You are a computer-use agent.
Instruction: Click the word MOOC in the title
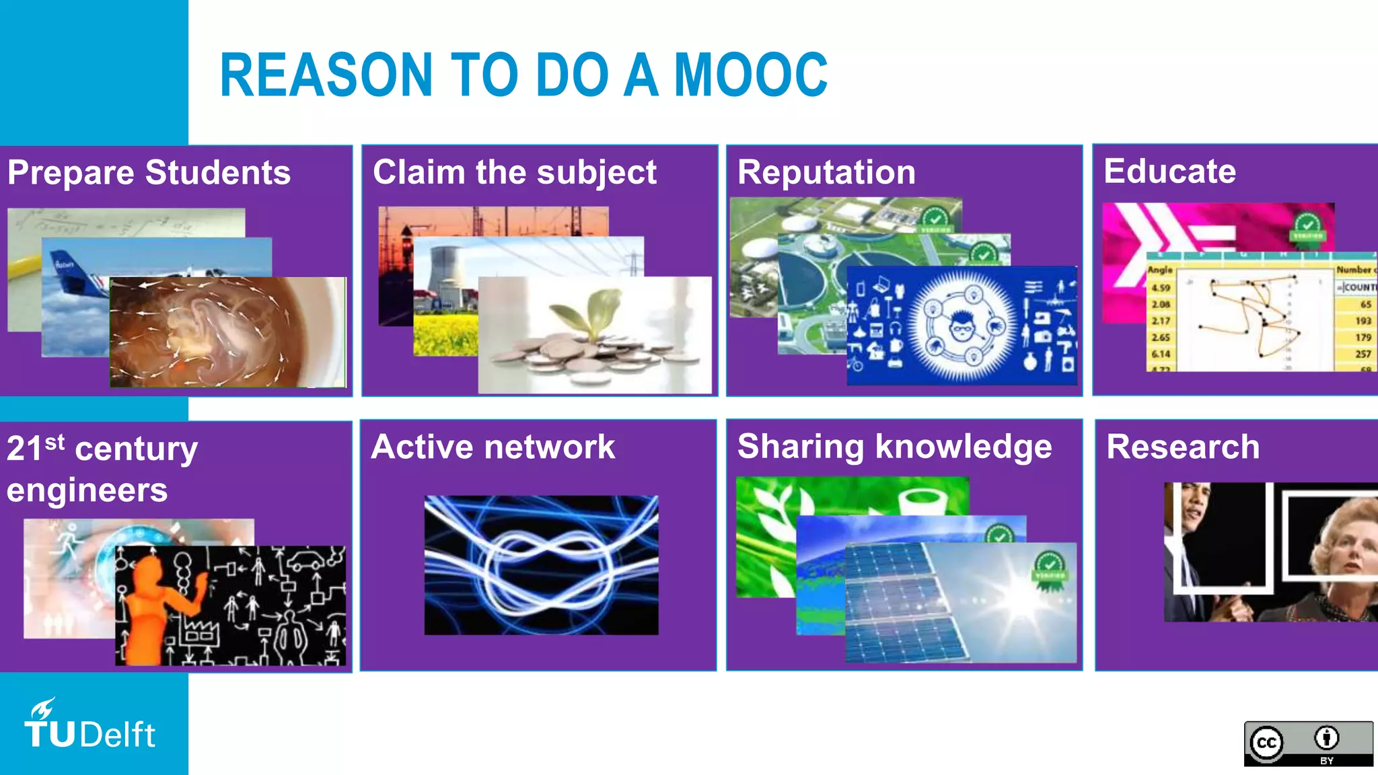750,75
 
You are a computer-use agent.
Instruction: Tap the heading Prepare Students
149,173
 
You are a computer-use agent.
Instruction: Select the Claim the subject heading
514,173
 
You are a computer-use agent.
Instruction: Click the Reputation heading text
826,172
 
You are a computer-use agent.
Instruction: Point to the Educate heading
1169,171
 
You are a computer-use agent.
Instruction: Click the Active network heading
493,447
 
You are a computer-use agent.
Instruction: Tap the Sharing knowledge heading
894,447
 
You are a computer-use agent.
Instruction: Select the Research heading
1183,447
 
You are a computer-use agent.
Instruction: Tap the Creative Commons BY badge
1308,743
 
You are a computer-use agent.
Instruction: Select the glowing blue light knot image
541,565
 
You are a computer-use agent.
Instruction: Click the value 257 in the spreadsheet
1363,354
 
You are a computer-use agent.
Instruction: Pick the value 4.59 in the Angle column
1161,288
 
